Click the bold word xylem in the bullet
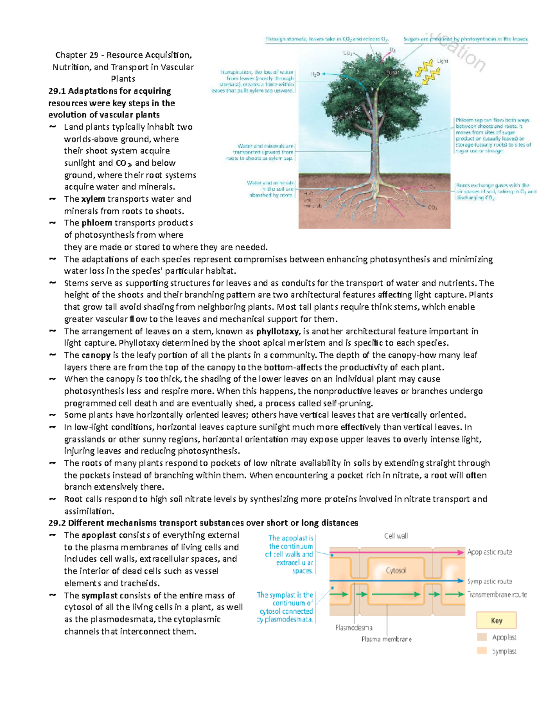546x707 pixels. pos(93,199)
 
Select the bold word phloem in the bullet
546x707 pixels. pos(96,223)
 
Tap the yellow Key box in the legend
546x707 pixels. pos(496,621)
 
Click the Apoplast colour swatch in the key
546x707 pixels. pos(482,637)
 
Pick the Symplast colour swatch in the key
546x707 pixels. pos(482,651)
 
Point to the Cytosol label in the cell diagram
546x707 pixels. pos(395,570)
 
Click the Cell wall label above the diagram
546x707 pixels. pos(396,536)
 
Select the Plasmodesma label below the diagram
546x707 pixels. pos(354,628)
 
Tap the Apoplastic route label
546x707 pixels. pos(490,552)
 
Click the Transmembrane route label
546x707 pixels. pos(497,595)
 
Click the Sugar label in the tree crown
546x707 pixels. pos(393,73)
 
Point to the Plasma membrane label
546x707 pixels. pos(386,639)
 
